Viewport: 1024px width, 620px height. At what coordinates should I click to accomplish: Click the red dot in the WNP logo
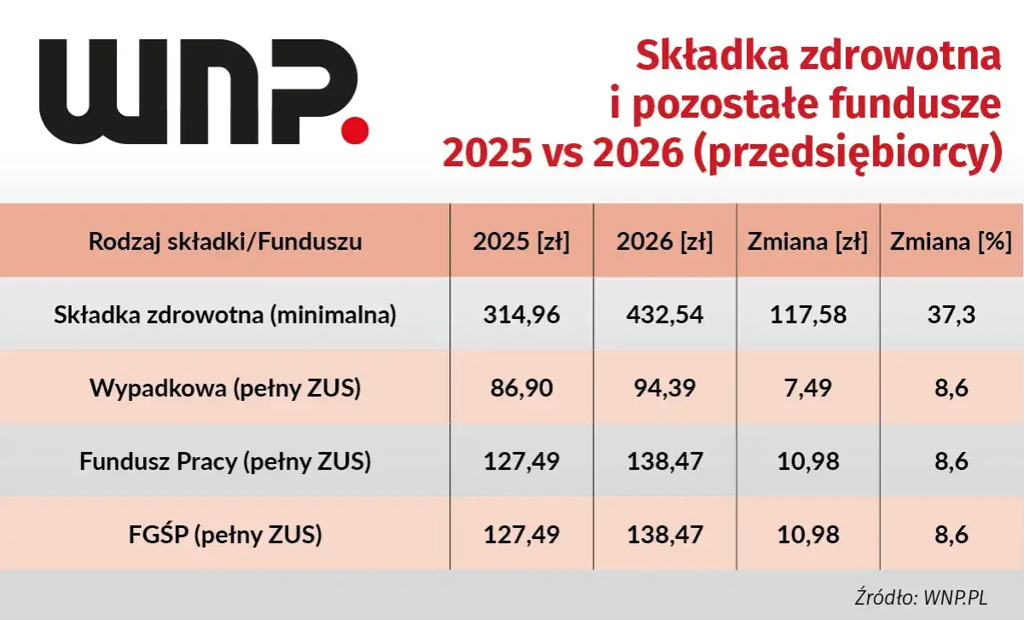point(355,129)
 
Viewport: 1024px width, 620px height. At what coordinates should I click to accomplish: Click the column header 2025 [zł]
point(521,242)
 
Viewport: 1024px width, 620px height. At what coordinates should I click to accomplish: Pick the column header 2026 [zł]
point(664,242)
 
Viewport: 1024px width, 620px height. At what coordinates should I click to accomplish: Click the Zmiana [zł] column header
point(807,242)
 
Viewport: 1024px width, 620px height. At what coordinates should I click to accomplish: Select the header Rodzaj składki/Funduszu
point(225,242)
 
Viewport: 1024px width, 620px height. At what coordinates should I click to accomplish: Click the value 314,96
point(521,316)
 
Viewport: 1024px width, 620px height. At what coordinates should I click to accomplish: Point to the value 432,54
point(664,316)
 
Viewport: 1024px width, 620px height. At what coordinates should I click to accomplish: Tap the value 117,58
point(807,316)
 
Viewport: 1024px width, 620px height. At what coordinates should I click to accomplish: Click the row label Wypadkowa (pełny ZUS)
point(225,389)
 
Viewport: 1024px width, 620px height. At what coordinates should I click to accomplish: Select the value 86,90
point(521,389)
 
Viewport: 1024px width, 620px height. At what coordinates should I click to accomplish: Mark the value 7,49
point(807,389)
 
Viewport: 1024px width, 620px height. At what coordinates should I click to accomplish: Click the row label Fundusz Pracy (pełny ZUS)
point(225,462)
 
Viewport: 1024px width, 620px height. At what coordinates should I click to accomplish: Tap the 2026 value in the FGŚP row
point(664,536)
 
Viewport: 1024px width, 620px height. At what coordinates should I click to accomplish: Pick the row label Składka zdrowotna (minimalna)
point(225,316)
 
